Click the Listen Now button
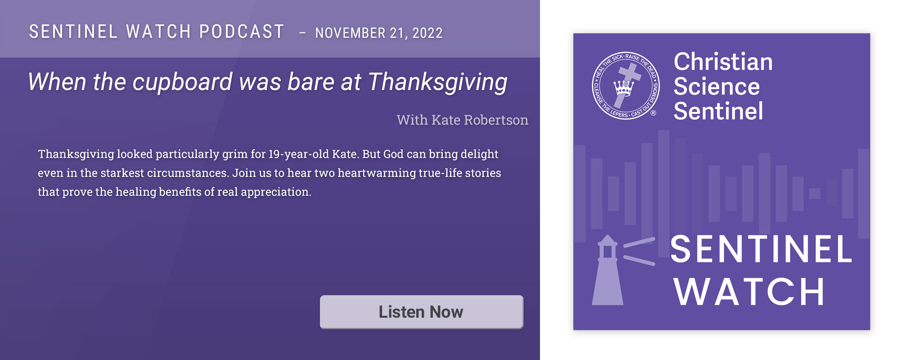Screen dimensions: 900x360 coord(422,312)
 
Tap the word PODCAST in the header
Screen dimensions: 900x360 coord(242,32)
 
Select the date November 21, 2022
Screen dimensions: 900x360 coord(379,33)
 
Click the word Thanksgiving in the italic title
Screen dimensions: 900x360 coord(438,83)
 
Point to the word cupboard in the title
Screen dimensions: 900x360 coord(183,82)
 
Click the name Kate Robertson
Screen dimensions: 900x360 coord(480,120)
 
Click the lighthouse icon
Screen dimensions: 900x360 coord(607,270)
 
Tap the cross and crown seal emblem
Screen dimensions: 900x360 coord(625,85)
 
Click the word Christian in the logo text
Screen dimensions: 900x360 coord(723,62)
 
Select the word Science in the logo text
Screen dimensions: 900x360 coord(716,86)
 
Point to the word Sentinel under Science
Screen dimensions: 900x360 coord(718,111)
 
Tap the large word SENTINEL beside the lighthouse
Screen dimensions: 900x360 coord(761,249)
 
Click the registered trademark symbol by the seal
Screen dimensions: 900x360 coord(653,113)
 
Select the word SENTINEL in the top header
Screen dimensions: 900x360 coord(73,32)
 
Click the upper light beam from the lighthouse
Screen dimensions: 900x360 coord(639,243)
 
